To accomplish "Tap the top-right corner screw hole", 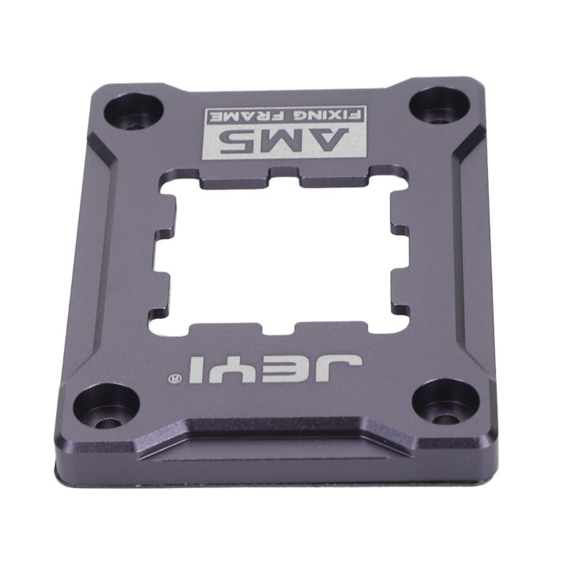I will click(436, 107).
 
